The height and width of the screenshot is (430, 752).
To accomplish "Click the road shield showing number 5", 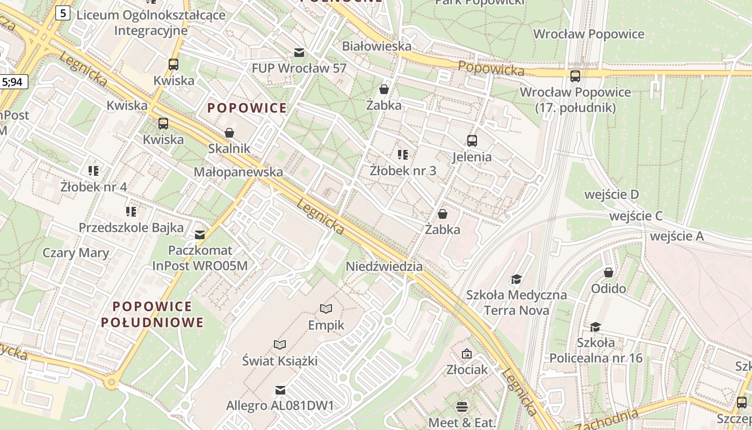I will pos(63,13).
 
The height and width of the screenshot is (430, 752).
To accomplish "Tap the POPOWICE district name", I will pos(247,108).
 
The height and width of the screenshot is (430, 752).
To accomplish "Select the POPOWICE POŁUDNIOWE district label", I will pos(153,314).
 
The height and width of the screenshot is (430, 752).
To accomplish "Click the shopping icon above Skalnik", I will pos(229,133).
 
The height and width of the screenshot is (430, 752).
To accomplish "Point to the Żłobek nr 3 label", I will pos(403,171).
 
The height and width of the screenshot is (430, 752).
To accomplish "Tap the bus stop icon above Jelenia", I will pos(472,141).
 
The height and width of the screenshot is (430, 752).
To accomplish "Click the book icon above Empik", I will pos(326,309).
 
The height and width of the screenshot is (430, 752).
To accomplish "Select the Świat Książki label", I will pos(279,361).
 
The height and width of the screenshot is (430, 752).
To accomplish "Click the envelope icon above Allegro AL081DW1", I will pos(280,390).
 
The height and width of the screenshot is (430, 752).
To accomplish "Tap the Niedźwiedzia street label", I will pos(384,267).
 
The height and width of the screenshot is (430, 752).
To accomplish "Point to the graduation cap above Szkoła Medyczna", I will pos(516,279).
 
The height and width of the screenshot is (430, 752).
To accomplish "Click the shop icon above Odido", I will pos(608,273).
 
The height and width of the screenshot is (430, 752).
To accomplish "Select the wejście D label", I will pos(611,195).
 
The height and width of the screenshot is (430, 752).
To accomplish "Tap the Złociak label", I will pos(467,370).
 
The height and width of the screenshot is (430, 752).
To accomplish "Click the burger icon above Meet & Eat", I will pos(462,406).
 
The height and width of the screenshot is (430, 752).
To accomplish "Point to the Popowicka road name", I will pos(491,69).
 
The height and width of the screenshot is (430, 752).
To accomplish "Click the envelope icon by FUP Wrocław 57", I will pos(299,53).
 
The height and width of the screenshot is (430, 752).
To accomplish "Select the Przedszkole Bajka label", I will pos(131,227).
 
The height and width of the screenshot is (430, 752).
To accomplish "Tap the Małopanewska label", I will pos(238,172).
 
